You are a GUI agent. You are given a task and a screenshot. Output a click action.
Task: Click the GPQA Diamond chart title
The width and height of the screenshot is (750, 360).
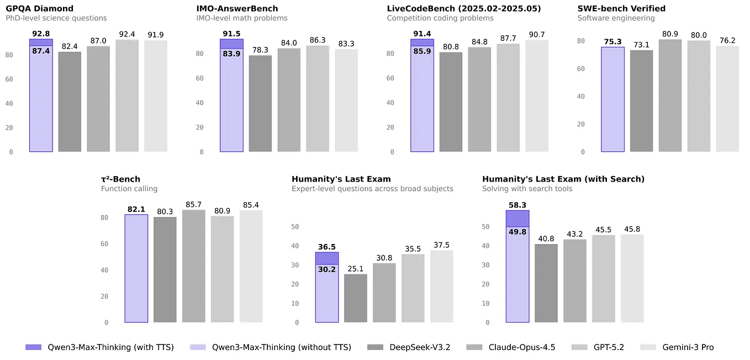pos(39,8)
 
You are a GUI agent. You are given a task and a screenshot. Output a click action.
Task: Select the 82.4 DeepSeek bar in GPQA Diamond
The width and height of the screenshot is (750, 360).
pos(70,102)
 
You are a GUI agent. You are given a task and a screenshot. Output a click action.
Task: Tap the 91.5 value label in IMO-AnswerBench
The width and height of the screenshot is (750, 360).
pos(231,34)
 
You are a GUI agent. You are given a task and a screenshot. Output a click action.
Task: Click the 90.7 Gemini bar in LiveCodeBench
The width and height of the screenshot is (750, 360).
pos(536,96)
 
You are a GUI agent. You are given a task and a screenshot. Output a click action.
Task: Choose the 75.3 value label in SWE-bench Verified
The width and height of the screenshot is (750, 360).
pos(612,41)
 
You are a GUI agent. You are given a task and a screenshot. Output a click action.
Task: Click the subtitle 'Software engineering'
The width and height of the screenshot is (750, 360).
pos(616,18)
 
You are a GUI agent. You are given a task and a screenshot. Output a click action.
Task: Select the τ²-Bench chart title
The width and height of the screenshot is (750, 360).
pos(120,179)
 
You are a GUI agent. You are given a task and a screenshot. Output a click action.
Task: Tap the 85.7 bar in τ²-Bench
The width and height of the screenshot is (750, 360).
pos(193,266)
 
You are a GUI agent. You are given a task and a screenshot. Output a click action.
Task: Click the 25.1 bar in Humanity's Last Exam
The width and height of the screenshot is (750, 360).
pos(355,298)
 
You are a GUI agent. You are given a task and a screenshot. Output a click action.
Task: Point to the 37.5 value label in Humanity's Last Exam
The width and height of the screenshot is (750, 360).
pos(441,245)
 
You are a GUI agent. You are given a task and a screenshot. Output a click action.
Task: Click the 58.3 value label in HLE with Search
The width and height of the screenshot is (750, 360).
pos(517,205)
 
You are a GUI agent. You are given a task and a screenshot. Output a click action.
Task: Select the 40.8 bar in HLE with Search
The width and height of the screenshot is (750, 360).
pos(546,283)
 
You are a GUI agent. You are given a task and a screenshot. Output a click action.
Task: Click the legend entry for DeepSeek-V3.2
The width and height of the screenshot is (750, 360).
pos(408,347)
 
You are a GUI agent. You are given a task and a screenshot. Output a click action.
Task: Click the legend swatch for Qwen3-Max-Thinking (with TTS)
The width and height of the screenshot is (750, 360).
pos(33,347)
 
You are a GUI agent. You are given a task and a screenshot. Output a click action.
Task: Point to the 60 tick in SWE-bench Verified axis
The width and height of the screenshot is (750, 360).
pos(580,68)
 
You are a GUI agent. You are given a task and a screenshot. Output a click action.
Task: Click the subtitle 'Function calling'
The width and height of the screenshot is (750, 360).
pos(129,189)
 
